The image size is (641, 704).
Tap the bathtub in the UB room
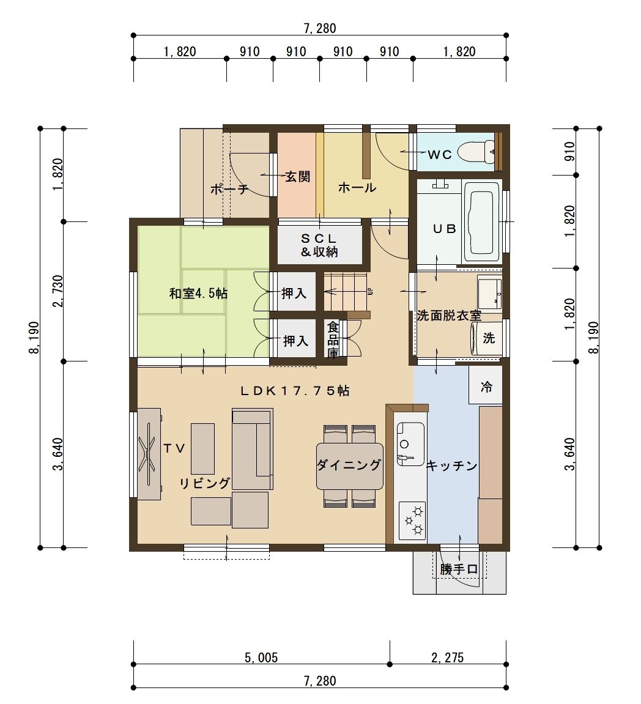pyautogui.click(x=482, y=221)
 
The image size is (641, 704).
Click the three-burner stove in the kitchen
pyautogui.click(x=412, y=521)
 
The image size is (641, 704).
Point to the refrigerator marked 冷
pyautogui.click(x=485, y=386)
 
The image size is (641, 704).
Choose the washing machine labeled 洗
pyautogui.click(x=487, y=338)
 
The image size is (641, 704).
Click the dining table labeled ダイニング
pyautogui.click(x=350, y=466)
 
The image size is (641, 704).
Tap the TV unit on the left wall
pyautogui.click(x=149, y=453)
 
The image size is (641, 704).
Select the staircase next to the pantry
pyautogui.click(x=346, y=291)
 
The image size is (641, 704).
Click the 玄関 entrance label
pyautogui.click(x=298, y=176)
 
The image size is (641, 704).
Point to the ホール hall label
pyautogui.click(x=357, y=187)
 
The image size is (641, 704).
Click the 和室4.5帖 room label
pyautogui.click(x=198, y=294)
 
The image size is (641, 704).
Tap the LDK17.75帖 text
pyautogui.click(x=295, y=391)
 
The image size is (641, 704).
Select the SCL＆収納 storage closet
pyautogui.click(x=320, y=245)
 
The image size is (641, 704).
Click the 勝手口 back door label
pyautogui.click(x=459, y=569)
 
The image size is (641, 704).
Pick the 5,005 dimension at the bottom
pyautogui.click(x=261, y=658)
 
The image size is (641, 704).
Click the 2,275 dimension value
pyautogui.click(x=448, y=658)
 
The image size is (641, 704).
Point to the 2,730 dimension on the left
pyautogui.click(x=58, y=291)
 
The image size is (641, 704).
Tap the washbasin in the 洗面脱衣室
pyautogui.click(x=490, y=293)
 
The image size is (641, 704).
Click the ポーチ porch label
pyautogui.click(x=229, y=189)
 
